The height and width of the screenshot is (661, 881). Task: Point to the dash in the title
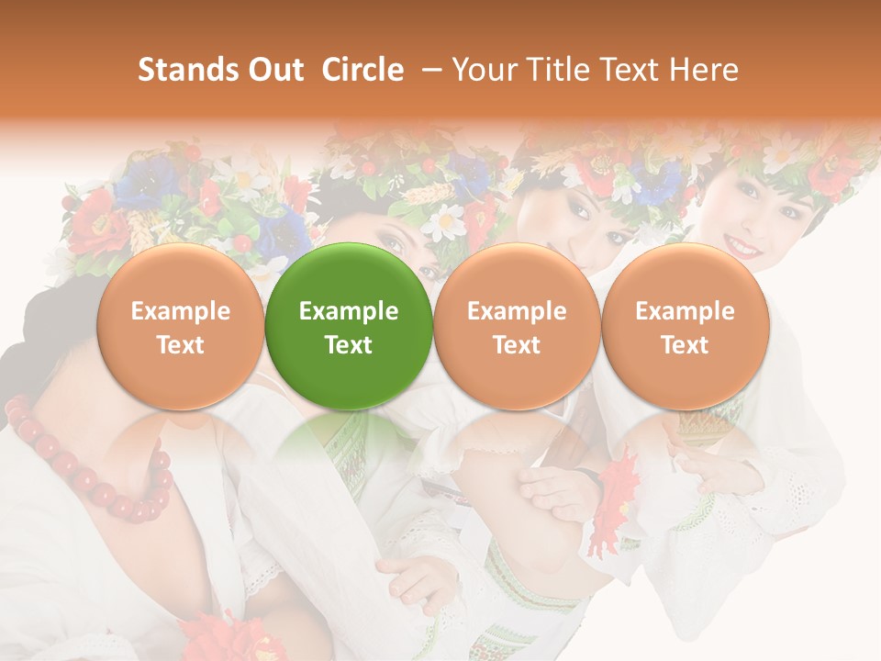pos(429,70)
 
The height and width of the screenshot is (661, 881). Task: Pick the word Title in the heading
pos(554,70)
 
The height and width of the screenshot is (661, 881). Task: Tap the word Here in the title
pos(703,70)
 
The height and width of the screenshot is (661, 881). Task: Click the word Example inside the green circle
pos(349,311)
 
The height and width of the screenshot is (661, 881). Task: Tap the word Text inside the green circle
pos(349,345)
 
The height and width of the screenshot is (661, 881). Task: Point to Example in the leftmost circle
pos(180,311)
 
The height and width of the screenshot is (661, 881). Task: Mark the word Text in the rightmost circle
pos(685,345)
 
